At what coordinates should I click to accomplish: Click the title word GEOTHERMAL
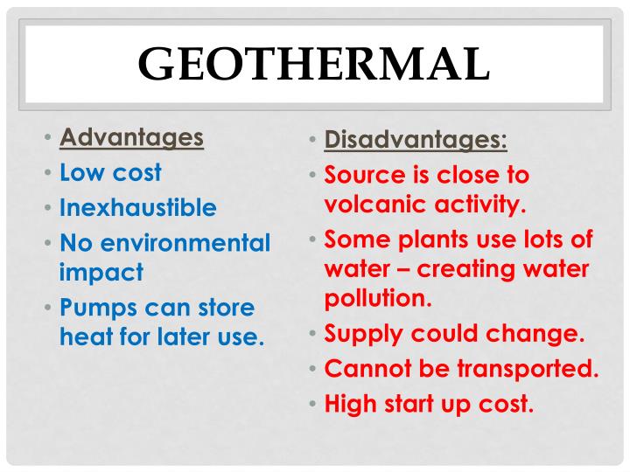point(314,64)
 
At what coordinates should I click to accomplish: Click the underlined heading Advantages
point(131,137)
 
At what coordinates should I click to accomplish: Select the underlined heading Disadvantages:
point(416,139)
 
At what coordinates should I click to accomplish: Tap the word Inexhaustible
point(137,208)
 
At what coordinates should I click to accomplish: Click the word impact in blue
point(101,272)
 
